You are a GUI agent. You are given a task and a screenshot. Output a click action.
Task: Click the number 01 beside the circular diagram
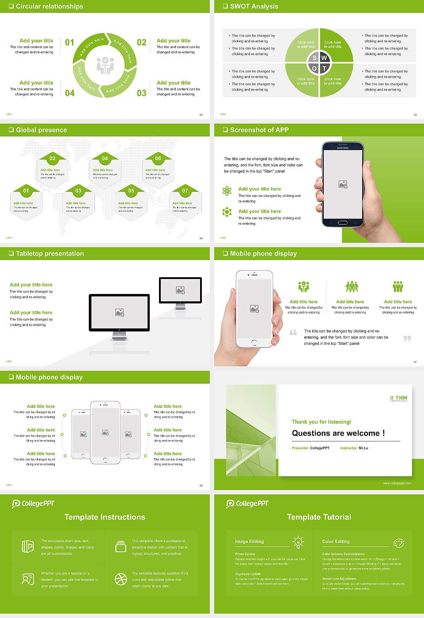tap(70, 42)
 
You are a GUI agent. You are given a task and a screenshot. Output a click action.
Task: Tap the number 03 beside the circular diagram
tap(141, 93)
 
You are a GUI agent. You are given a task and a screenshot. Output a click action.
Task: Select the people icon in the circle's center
tap(105, 65)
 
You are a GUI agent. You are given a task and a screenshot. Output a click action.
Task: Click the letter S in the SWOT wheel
tap(314, 58)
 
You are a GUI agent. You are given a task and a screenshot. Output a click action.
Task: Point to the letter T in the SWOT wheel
tap(324, 68)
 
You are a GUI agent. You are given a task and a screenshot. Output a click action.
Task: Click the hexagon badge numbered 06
tap(158, 158)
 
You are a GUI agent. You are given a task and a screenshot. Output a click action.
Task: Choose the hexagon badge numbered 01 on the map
tap(26, 191)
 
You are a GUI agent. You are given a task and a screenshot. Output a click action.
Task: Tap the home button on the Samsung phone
tap(343, 223)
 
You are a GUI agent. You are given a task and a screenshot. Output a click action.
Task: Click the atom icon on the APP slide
tap(227, 191)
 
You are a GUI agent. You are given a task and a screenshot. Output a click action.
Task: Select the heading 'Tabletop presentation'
tap(49, 254)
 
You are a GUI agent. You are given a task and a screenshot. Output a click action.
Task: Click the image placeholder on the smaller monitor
tap(180, 290)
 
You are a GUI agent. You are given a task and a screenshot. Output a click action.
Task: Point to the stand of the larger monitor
tap(119, 336)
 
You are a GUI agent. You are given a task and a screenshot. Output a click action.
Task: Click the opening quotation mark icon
tap(293, 332)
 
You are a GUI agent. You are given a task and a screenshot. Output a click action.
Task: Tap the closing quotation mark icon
tap(407, 338)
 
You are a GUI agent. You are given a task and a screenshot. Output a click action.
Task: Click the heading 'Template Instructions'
tap(105, 517)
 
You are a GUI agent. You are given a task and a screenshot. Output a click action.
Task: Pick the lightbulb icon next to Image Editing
tap(298, 542)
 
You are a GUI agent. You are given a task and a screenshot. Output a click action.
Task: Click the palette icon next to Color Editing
tap(398, 543)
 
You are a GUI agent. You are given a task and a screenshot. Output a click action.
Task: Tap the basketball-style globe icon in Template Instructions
tap(121, 579)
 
